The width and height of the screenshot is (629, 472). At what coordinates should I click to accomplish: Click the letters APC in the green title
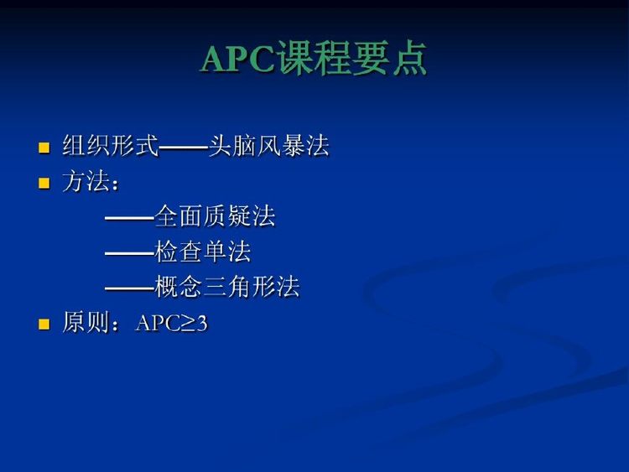pyautogui.click(x=238, y=59)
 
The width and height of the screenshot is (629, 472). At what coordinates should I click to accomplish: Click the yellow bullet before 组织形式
pyautogui.click(x=44, y=148)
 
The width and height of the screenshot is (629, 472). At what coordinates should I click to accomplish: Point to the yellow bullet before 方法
pyautogui.click(x=44, y=183)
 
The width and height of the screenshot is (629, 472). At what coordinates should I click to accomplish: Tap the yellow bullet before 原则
pyautogui.click(x=44, y=324)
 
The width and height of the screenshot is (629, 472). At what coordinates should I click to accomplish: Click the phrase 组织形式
pyautogui.click(x=111, y=145)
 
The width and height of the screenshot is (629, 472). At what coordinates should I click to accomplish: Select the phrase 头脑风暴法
pyautogui.click(x=268, y=145)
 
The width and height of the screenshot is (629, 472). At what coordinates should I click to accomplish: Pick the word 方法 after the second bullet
pyautogui.click(x=86, y=181)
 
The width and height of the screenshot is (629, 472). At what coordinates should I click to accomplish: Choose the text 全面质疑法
pyautogui.click(x=215, y=215)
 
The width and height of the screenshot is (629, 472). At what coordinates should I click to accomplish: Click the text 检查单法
pyautogui.click(x=203, y=252)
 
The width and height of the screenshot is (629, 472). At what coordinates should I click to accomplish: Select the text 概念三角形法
pyautogui.click(x=227, y=287)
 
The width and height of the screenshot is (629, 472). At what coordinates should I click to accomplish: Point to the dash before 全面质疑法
pyautogui.click(x=129, y=219)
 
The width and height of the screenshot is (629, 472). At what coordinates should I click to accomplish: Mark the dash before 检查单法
pyautogui.click(x=129, y=254)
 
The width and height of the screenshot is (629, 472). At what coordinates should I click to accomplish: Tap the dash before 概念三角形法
pyautogui.click(x=129, y=288)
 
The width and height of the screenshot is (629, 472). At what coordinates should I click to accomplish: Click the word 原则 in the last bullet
pyautogui.click(x=86, y=322)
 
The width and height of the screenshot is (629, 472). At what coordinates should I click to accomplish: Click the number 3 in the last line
pyautogui.click(x=202, y=323)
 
